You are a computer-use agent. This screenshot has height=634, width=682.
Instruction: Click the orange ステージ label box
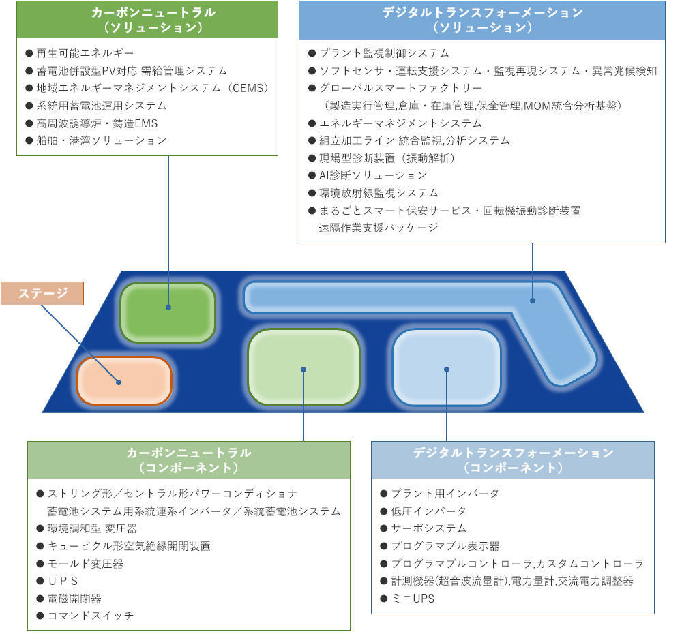pos(42,294)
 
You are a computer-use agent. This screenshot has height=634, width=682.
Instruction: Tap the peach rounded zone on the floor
pos(124,381)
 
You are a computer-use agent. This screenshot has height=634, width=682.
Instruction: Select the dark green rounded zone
pos(168,312)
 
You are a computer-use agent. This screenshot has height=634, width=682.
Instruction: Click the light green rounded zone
pos(303,367)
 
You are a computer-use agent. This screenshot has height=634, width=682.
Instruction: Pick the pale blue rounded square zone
pos(447,367)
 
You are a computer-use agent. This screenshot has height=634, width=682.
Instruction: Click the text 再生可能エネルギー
pos(85,53)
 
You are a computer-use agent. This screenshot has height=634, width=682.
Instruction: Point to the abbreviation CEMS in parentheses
pos(250,88)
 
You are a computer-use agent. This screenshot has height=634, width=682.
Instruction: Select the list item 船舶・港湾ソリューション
pos(102,140)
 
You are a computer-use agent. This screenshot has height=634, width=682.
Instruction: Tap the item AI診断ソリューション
pos(373,175)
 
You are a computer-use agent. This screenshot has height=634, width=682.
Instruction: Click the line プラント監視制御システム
pos(384,53)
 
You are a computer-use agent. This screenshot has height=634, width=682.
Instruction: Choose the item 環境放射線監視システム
pos(379,193)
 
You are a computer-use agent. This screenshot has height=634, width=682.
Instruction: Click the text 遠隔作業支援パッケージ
pos(379,228)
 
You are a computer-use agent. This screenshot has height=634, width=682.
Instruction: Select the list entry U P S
pos(63,581)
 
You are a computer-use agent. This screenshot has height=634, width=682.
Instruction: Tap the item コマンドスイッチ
pos(91,616)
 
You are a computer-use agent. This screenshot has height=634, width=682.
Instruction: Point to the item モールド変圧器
pos(85,564)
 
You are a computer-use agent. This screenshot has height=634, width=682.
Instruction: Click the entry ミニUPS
pos(413,599)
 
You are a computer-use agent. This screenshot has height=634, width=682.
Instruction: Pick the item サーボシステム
pos(428,528)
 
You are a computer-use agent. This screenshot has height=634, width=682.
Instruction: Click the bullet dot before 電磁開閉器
pos(40,599)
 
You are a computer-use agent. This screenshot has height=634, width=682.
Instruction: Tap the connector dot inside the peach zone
pos(118,382)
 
